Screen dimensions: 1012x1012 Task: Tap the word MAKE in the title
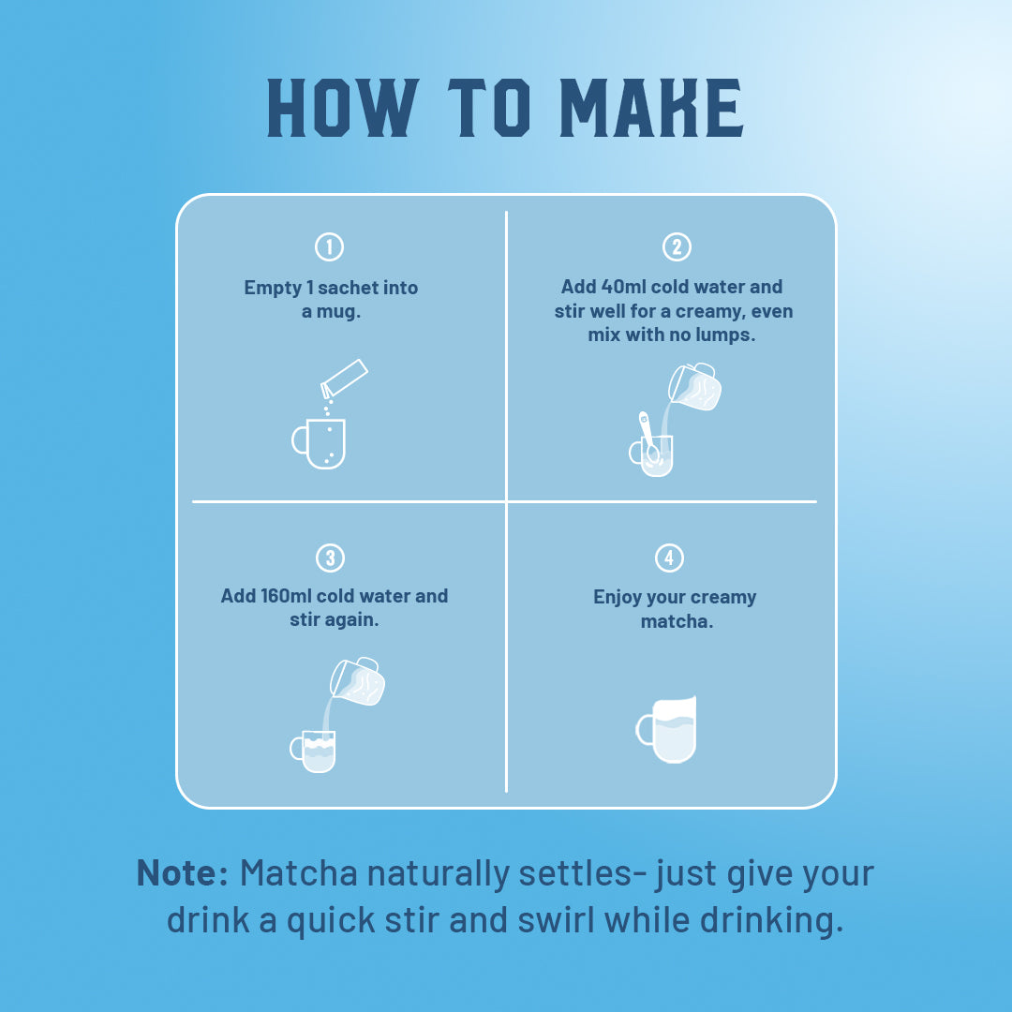652,108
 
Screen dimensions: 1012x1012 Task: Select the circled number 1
329,246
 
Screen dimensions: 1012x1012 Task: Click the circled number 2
677,246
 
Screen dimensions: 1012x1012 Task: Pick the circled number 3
330,558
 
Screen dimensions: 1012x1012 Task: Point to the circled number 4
669,558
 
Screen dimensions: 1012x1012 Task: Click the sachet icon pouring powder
344,379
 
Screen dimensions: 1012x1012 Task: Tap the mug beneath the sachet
319,443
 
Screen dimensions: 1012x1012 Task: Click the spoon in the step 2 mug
648,437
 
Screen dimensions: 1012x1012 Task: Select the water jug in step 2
694,387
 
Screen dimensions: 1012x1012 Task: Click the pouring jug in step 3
358,681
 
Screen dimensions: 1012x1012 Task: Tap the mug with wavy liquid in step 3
313,752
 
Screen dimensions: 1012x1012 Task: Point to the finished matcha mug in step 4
667,729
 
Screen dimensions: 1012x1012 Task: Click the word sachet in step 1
349,288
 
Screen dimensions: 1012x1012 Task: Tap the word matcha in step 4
677,621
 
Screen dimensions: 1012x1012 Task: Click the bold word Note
183,873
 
